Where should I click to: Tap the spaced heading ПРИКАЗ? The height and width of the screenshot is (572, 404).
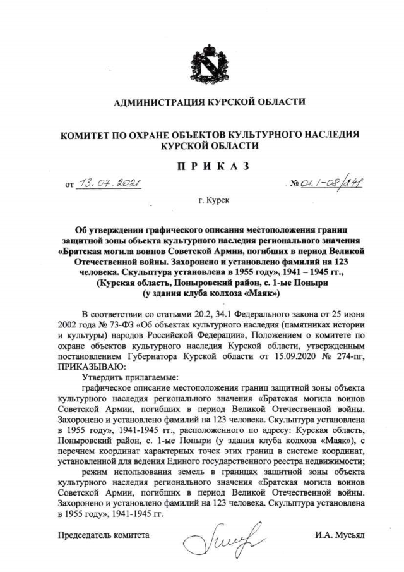pos(201,166)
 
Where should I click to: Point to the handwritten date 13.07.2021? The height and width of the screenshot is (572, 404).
pos(109,184)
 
